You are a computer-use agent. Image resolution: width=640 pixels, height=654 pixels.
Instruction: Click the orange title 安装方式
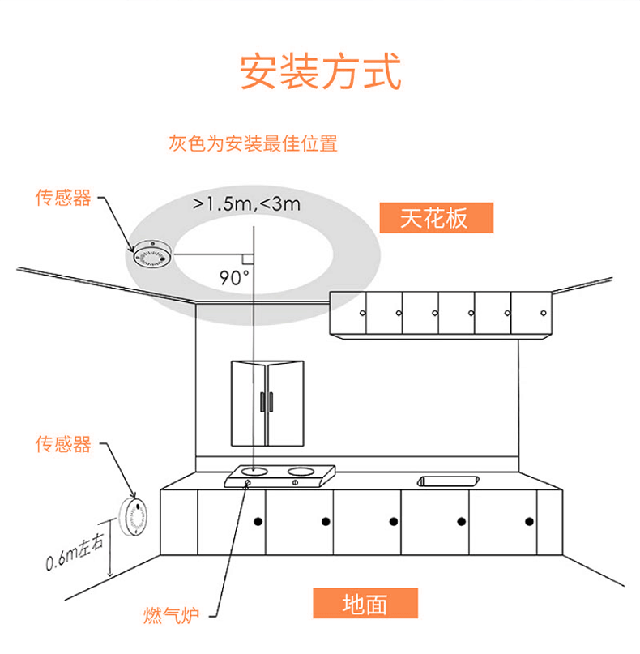[x=320, y=72]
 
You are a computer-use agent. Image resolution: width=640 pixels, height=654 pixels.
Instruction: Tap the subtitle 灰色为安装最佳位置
[x=253, y=144]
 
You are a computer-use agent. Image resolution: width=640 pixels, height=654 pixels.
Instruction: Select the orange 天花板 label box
[x=435, y=218]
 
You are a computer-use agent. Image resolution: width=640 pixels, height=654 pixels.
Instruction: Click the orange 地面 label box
[x=365, y=604]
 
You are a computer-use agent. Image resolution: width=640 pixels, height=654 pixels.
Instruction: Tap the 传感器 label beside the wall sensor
[x=63, y=444]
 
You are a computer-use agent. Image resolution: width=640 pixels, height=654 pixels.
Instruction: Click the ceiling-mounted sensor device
[x=150, y=254]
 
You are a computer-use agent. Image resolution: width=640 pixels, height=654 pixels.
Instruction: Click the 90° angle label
[x=234, y=277]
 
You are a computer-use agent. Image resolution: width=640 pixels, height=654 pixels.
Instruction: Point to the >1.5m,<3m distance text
[x=246, y=203]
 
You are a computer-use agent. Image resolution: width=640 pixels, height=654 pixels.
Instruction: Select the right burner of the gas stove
[x=301, y=469]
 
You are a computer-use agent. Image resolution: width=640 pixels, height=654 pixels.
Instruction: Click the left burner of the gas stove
[x=257, y=469]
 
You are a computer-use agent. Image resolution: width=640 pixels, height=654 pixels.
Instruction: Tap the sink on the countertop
[x=445, y=481]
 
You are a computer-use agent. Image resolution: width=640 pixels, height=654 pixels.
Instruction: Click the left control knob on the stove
[x=248, y=483]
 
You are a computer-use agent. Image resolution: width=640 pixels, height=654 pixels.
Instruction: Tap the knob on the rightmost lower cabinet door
[x=529, y=520]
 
